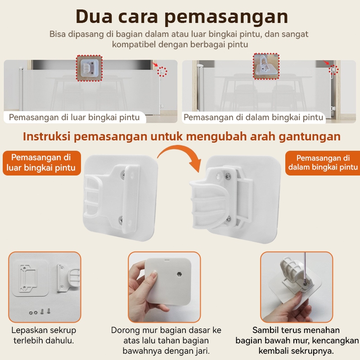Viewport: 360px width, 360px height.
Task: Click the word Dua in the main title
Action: point(94,17)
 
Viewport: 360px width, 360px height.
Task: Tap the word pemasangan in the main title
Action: point(226,17)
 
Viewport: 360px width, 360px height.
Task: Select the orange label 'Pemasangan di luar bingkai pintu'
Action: point(41,163)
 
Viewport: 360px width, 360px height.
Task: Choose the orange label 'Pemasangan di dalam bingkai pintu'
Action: point(323,163)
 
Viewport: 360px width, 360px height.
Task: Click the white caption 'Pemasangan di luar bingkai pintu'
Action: point(74,117)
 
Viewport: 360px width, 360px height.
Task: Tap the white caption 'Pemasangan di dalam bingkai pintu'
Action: point(253,117)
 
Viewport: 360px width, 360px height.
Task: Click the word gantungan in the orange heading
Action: point(310,137)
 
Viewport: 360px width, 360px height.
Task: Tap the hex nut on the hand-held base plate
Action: point(180,274)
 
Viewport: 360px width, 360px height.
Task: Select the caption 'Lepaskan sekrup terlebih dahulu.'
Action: point(44,335)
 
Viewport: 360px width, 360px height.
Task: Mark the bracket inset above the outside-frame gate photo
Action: point(89,68)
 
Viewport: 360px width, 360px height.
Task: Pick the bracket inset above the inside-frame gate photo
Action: point(266,66)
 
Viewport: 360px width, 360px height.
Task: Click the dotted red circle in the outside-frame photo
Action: point(162,72)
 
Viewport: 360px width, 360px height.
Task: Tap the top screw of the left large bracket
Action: point(123,175)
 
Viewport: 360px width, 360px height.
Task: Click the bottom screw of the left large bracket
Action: point(121,220)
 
